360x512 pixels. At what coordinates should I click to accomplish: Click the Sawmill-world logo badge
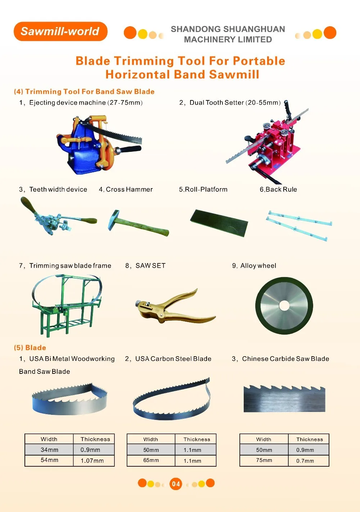(x=60, y=31)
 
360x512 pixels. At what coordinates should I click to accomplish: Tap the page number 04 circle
(x=176, y=484)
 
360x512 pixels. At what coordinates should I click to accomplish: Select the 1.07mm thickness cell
(x=94, y=461)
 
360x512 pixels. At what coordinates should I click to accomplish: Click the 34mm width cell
(x=49, y=450)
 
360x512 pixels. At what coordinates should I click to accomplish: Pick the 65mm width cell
(x=151, y=460)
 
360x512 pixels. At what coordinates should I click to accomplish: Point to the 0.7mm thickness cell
(x=309, y=461)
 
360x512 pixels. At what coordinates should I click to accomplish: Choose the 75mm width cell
(x=264, y=460)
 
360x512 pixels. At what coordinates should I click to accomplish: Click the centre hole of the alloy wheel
(x=284, y=305)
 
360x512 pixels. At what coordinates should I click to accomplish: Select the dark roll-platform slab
(x=219, y=223)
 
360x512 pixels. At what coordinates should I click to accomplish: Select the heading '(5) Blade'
(x=30, y=348)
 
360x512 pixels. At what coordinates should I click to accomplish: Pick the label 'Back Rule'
(x=281, y=189)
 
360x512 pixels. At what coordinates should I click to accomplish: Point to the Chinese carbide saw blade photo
(x=284, y=398)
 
